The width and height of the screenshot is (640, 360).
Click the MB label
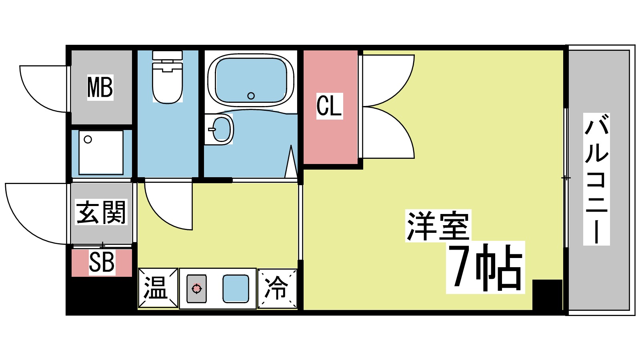100,87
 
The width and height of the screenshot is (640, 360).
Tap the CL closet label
330,106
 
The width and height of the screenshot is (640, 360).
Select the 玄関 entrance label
101,212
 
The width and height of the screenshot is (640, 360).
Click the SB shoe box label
102,262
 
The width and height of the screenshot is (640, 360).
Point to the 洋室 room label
438,226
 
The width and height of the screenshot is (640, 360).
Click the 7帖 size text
485,267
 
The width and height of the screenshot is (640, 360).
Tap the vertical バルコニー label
596,179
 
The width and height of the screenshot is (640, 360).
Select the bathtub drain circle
251,96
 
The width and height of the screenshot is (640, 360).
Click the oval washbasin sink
220,129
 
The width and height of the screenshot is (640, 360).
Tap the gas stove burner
196,288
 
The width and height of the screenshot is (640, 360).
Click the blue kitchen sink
236,288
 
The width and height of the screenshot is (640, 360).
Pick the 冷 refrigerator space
277,288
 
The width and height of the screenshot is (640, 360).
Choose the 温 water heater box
158,288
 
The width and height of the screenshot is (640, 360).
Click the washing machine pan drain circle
88,139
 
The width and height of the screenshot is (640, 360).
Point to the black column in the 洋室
548,295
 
